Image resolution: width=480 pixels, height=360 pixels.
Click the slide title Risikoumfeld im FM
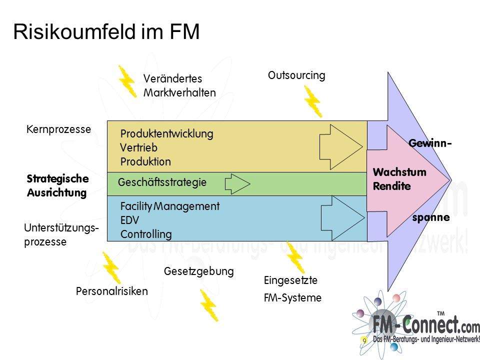click(106, 31)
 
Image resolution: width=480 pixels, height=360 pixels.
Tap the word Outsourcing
click(296, 75)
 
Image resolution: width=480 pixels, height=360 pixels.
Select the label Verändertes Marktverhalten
click(179, 85)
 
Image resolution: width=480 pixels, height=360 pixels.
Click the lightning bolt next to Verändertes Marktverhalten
click(127, 80)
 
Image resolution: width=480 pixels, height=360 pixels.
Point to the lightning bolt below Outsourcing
click(312, 101)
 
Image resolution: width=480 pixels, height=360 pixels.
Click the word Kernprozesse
click(58, 129)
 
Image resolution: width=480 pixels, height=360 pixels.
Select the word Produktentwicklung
click(166, 134)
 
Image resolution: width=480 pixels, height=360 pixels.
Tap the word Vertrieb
click(138, 148)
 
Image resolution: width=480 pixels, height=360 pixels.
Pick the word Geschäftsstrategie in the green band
click(162, 183)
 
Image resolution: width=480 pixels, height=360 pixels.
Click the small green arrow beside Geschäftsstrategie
click(237, 184)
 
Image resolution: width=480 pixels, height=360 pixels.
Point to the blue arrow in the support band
click(342, 216)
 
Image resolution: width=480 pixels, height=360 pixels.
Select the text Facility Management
click(170, 206)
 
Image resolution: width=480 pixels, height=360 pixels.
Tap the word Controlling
click(146, 234)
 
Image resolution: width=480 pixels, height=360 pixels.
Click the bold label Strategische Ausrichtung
click(57, 185)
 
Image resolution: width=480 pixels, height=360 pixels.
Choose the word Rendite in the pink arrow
click(391, 186)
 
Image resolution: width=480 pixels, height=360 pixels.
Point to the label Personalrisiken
click(112, 291)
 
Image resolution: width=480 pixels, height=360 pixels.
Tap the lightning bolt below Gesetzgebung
click(208, 305)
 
